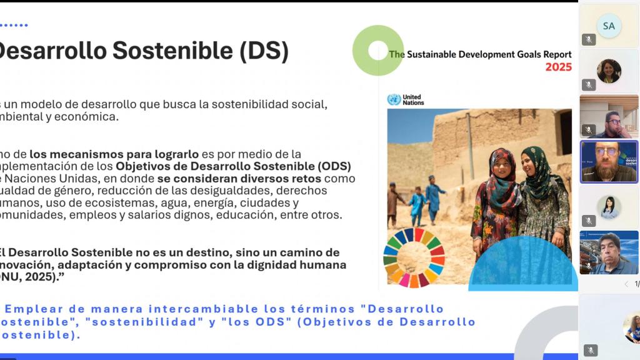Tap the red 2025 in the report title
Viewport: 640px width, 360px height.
[x=558, y=67]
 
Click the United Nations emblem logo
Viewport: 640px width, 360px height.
[x=394, y=99]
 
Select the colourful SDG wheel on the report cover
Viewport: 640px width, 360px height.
[x=414, y=257]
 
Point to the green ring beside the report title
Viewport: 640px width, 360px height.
[x=377, y=50]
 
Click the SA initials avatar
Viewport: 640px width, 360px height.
[x=609, y=26]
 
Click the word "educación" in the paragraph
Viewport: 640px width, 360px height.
[x=284, y=215]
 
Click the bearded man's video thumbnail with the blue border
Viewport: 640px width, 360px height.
[x=609, y=161]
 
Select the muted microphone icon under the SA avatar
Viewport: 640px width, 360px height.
[x=589, y=39]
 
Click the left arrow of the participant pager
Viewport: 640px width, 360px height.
[x=626, y=284]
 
